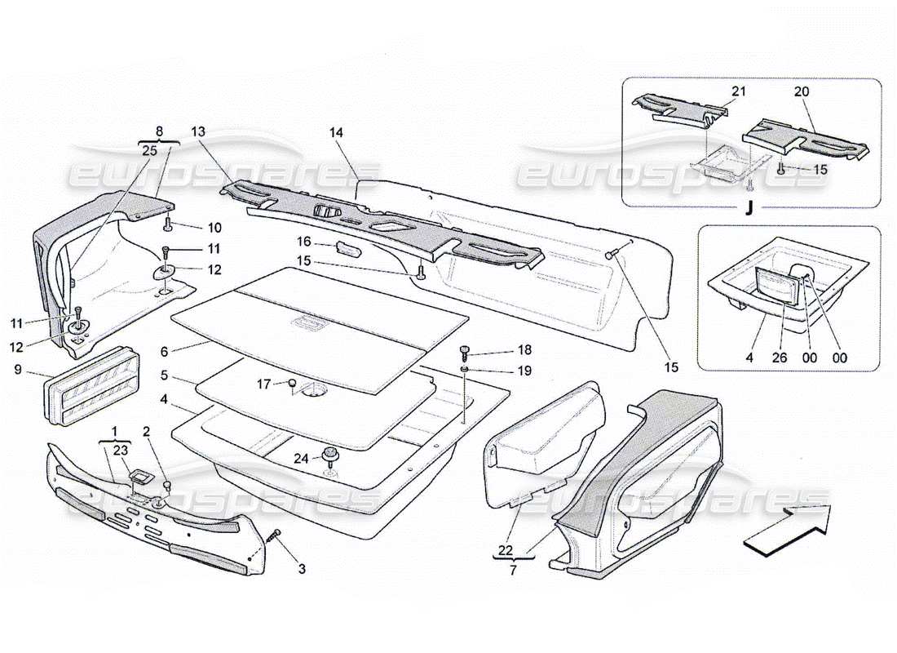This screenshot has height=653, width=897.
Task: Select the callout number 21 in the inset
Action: [739, 93]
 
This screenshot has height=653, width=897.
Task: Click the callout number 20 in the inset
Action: [801, 93]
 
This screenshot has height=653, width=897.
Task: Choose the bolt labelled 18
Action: [466, 351]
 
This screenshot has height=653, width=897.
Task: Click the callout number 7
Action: [513, 571]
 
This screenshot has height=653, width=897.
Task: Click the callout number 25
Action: [149, 150]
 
